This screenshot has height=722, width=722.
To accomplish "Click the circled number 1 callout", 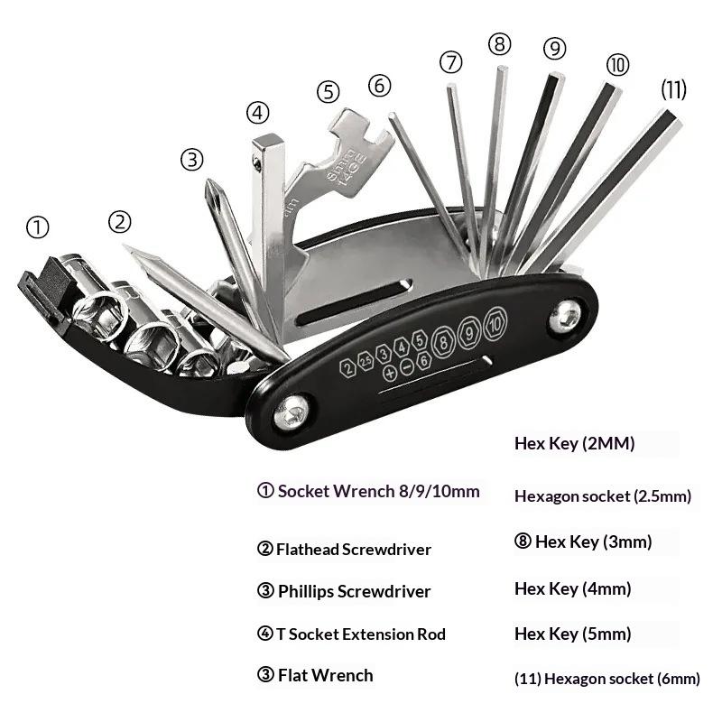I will point(38,227).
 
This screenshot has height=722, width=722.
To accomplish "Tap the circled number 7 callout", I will point(451,62).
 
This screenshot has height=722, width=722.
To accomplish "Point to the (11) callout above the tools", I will point(673,89).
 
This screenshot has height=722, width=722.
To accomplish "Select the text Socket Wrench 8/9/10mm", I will point(378,492).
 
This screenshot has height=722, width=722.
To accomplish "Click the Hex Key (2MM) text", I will point(575,443).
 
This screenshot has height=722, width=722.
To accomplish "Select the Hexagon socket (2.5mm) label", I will point(603,495).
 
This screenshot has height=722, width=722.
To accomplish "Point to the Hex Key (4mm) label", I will point(572,588).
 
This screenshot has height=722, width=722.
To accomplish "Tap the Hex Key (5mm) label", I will point(572,634).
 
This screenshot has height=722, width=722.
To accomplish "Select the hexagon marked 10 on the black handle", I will point(495,323).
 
